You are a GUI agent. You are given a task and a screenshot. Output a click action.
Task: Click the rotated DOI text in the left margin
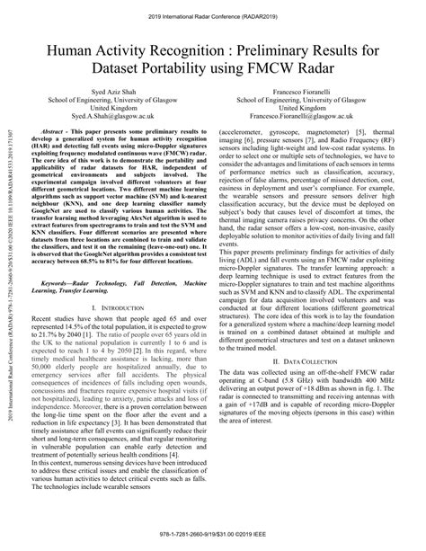click(8, 270)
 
